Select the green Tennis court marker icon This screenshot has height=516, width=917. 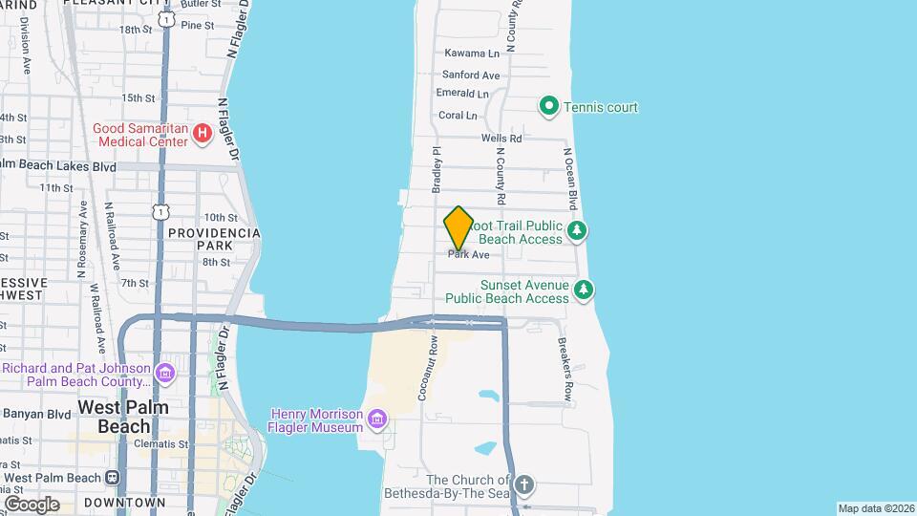point(549,107)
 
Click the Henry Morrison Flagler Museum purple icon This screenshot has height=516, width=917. point(377,419)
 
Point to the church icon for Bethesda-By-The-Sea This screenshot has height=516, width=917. point(523,484)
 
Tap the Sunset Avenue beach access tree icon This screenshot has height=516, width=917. point(584,289)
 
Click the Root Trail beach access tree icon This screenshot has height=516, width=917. point(576,230)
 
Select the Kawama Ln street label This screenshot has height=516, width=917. point(472,54)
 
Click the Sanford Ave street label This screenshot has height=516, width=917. point(471,75)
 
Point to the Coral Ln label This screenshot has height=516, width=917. point(458,116)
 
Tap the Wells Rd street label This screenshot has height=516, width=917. point(501,139)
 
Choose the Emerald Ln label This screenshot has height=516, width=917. point(462,94)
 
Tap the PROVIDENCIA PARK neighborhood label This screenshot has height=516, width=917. point(214,239)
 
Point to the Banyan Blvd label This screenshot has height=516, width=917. point(37,414)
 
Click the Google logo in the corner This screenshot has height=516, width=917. point(32,504)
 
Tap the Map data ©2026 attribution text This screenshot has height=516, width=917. point(875,508)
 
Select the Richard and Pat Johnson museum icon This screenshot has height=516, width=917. point(167,371)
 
